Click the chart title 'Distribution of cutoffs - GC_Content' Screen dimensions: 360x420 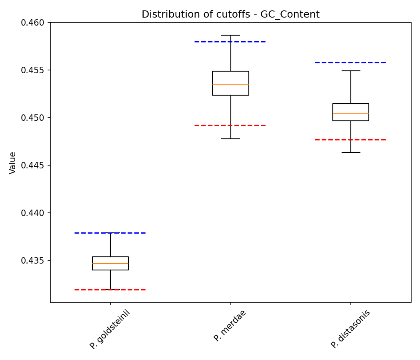[x=230, y=14]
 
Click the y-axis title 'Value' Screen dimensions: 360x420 [x=13, y=162]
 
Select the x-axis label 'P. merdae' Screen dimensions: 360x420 [x=230, y=326]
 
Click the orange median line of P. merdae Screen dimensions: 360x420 [x=230, y=85]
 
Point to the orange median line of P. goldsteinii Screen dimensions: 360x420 [x=110, y=264]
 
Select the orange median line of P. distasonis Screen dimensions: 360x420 [x=351, y=113]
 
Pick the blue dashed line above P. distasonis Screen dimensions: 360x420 [x=372, y=62]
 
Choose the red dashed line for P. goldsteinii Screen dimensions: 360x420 [x=132, y=290]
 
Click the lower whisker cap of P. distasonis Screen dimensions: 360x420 [x=351, y=152]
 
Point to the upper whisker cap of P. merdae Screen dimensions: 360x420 [x=230, y=35]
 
